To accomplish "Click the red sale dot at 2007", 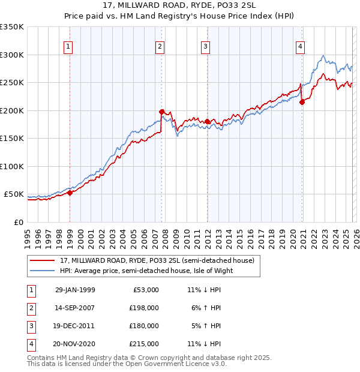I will (x=161, y=112).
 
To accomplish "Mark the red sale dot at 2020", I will (x=302, y=102).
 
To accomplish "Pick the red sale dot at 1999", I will (x=70, y=193).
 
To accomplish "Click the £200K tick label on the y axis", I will (x=12, y=110).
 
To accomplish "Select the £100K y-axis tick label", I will (x=12, y=166).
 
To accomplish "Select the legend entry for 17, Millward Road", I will (x=158, y=260).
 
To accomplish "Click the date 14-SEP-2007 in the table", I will (x=74, y=307).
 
